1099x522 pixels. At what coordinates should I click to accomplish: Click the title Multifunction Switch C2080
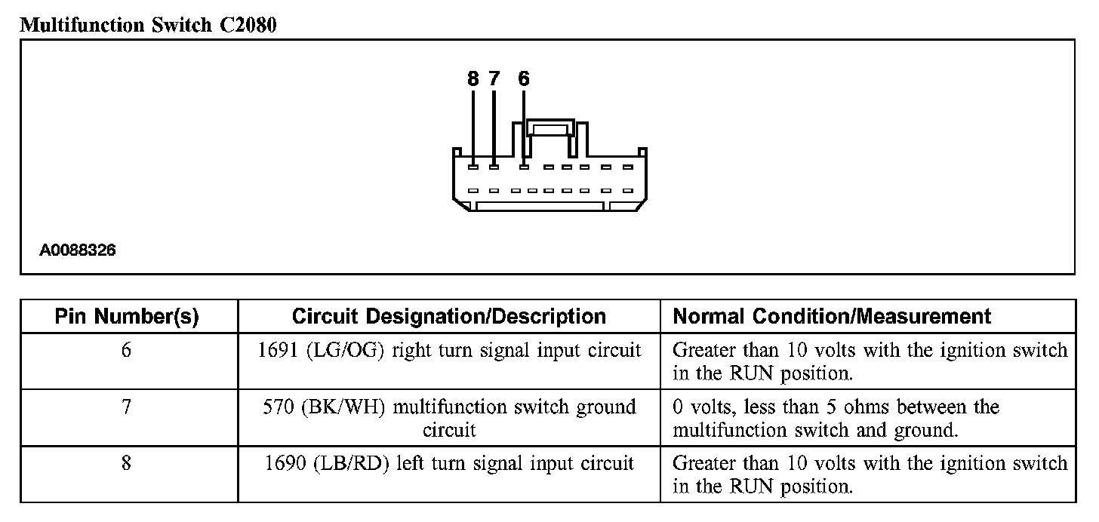(x=148, y=25)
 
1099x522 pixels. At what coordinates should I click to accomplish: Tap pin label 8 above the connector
(x=473, y=78)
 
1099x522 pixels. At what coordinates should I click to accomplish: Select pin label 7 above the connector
(x=494, y=78)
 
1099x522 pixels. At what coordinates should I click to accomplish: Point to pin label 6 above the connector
(x=524, y=78)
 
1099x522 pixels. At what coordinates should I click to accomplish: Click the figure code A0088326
(x=78, y=250)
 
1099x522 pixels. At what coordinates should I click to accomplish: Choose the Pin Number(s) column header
(x=127, y=316)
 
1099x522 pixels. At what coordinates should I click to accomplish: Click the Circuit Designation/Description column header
(x=448, y=316)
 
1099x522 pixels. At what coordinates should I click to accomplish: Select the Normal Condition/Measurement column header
(x=832, y=316)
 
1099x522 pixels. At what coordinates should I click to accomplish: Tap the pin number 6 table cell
(x=126, y=351)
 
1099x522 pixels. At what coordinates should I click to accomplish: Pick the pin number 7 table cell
(x=126, y=407)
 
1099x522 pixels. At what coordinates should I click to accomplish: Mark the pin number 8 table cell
(x=126, y=463)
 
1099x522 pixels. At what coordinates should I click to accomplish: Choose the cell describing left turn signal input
(x=448, y=463)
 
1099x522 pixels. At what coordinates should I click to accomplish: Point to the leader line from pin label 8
(x=473, y=124)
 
